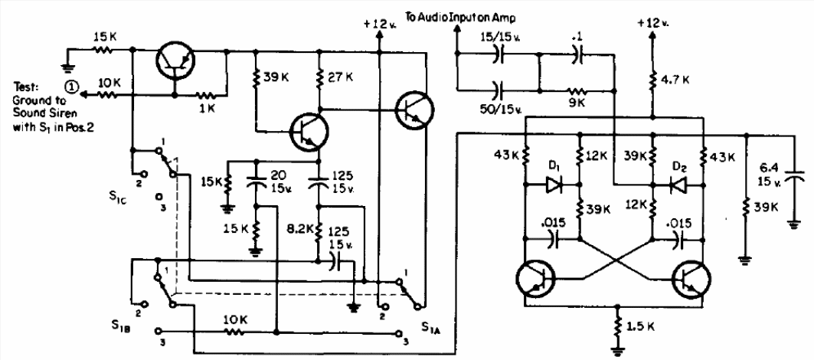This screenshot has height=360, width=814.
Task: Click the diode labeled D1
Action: (553, 185)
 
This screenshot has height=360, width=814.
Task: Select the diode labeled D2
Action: (677, 185)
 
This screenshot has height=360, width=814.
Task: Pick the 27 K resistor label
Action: (340, 77)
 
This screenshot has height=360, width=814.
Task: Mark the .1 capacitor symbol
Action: (577, 54)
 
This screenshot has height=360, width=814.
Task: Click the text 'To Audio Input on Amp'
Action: (460, 18)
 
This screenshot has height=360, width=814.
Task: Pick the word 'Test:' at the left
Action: (24, 87)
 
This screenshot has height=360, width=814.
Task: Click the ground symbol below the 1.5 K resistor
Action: (618, 351)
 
